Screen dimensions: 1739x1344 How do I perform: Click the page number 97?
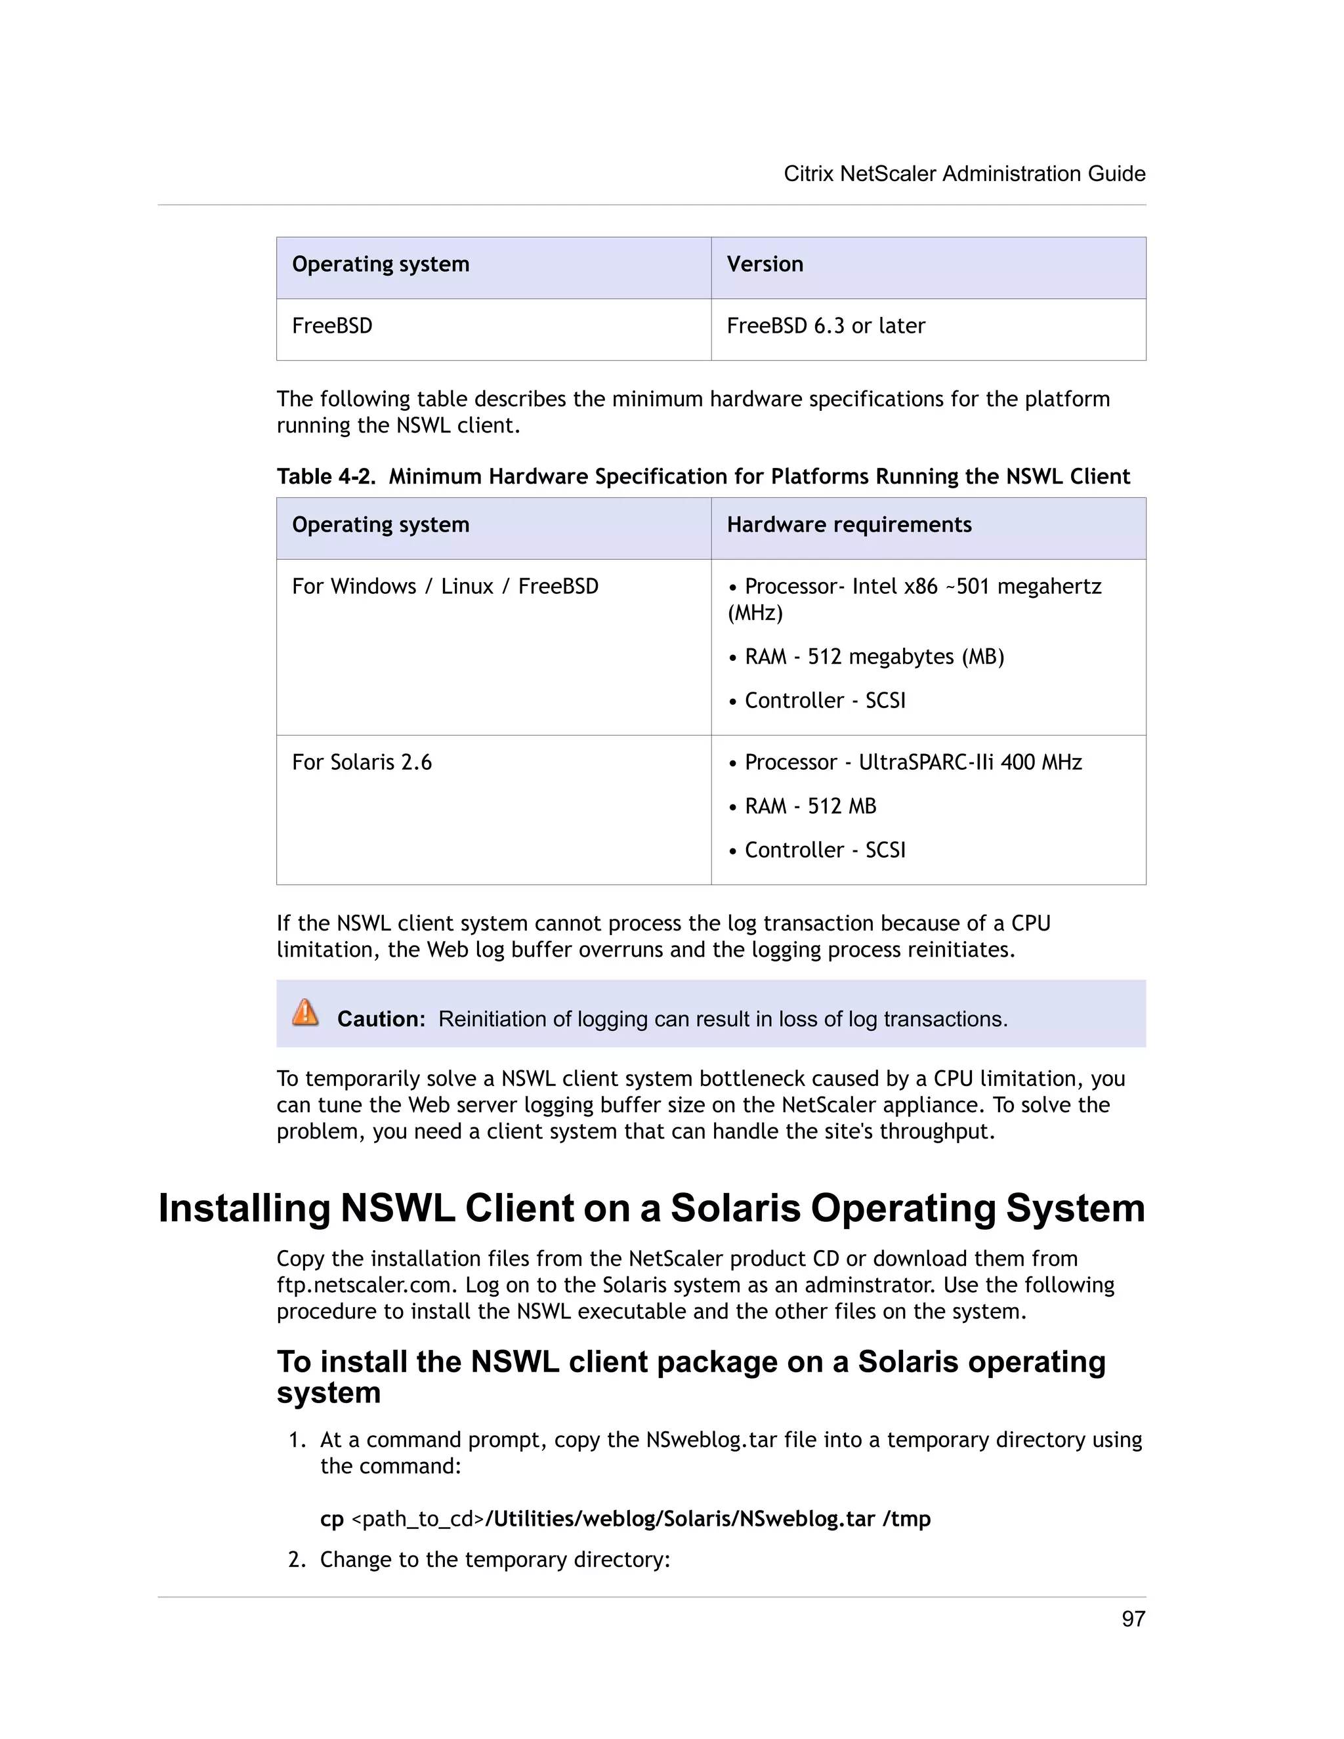point(1132,1618)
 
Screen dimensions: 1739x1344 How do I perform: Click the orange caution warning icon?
point(305,1013)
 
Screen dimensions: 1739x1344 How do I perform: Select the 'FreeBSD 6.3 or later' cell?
point(826,325)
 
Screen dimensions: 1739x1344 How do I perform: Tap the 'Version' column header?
point(765,264)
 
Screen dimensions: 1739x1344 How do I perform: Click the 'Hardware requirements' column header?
point(849,525)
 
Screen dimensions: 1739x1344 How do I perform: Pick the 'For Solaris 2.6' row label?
point(362,762)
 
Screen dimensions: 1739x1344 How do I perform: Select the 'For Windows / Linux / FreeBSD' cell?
point(445,587)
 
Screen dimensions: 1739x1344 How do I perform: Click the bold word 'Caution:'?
point(381,1019)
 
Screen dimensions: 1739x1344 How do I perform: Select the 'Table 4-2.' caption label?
point(325,476)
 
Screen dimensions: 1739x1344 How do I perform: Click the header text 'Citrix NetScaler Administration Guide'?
point(964,174)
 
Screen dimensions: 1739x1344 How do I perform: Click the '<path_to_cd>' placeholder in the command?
point(417,1519)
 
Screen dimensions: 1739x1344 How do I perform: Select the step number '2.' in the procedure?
point(297,1560)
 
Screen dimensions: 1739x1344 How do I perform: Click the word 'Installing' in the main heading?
point(243,1208)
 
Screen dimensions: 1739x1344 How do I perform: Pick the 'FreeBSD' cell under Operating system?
point(332,325)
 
